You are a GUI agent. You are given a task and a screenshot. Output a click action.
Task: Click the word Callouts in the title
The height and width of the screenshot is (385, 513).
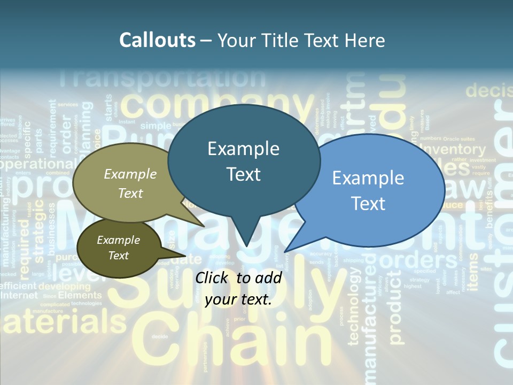click(157, 40)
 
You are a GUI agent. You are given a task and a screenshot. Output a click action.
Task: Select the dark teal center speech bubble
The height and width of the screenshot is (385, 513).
click(244, 160)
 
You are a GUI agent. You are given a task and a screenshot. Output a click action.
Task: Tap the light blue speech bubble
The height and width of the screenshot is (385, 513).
click(374, 190)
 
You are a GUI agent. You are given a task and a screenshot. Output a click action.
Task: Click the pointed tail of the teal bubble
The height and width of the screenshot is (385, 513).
click(246, 243)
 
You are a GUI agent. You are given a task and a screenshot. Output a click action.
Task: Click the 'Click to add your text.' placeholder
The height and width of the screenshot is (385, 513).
click(238, 289)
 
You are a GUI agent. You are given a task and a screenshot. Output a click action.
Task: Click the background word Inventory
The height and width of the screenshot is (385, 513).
click(453, 150)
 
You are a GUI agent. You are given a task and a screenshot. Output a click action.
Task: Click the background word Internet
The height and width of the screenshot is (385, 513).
click(19, 295)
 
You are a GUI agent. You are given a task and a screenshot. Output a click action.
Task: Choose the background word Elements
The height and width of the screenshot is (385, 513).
click(80, 295)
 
